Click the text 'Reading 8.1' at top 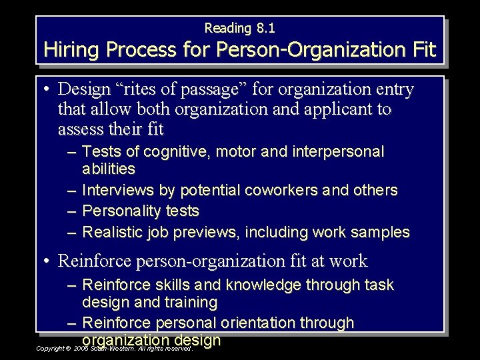pos(239,28)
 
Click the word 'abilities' pos(109,169)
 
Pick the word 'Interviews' pos(117,191)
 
